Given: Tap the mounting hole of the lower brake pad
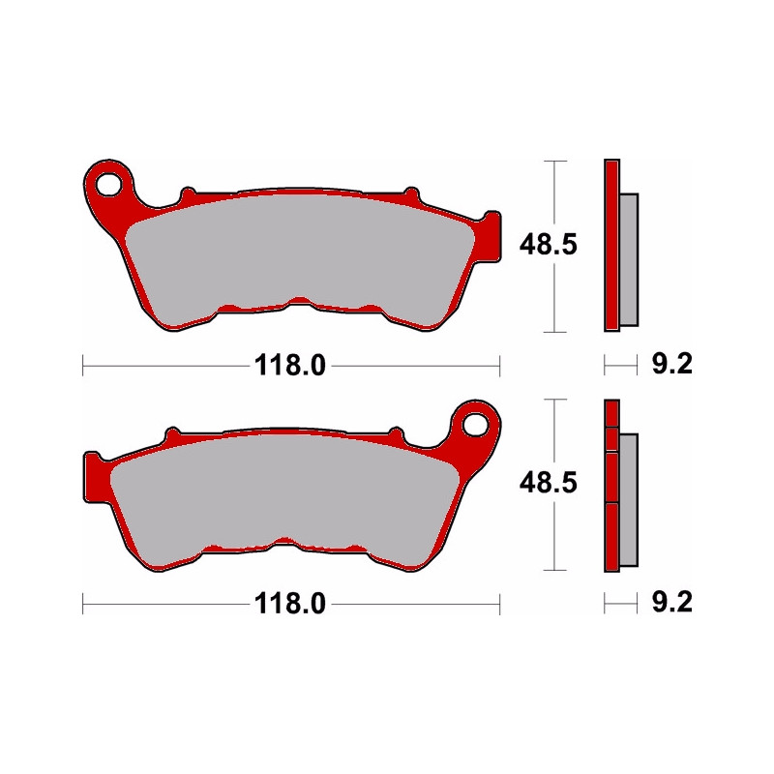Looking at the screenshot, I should (475, 423).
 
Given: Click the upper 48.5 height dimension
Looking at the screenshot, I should (550, 246).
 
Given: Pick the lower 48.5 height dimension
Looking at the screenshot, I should (550, 484).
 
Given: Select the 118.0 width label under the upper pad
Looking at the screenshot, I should (291, 366).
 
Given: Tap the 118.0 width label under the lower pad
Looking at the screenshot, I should (291, 605).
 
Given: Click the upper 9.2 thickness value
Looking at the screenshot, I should (670, 366).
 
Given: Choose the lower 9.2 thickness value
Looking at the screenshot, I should (670, 605).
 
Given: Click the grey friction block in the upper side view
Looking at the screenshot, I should (629, 258).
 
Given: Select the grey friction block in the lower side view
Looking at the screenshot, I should (629, 499).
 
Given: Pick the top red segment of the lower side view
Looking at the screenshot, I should (610, 413).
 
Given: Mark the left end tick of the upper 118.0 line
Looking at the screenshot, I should (83, 366).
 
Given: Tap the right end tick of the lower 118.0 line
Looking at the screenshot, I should (499, 605).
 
